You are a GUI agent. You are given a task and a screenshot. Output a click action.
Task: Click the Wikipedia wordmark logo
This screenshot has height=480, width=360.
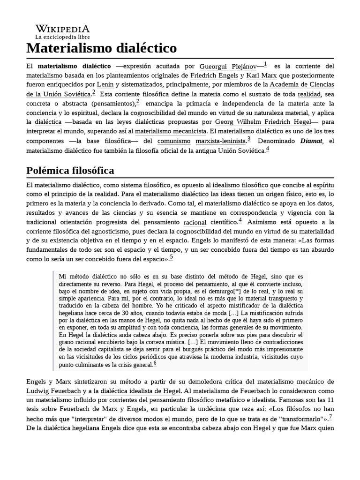pyautogui.click(x=62, y=28)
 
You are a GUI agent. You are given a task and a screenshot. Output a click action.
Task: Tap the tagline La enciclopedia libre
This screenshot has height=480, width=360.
pyautogui.click(x=62, y=37)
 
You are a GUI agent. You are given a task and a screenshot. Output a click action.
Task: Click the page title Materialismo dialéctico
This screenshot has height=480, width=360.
pyautogui.click(x=101, y=48)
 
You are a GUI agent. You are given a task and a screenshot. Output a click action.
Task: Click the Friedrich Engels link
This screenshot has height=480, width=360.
pyautogui.click(x=215, y=75)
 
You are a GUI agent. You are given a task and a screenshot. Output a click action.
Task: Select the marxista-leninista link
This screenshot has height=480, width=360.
pyautogui.click(x=221, y=140)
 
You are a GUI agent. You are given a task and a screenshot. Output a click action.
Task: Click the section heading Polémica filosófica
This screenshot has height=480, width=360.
pyautogui.click(x=70, y=170)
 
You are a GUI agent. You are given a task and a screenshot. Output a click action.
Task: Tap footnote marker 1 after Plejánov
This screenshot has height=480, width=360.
pyautogui.click(x=265, y=64)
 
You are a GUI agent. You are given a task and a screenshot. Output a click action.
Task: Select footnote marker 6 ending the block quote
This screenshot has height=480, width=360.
pyautogui.click(x=155, y=363)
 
